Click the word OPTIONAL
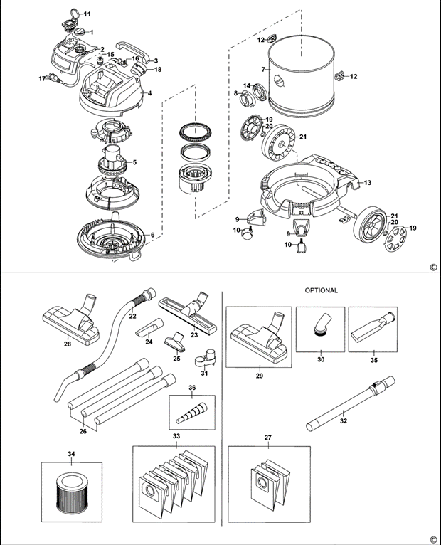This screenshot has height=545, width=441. (321, 290)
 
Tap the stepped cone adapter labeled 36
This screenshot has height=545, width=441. (191, 413)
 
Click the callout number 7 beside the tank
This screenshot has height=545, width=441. (263, 70)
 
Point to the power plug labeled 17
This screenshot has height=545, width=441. (55, 78)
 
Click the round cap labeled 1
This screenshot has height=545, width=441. (80, 31)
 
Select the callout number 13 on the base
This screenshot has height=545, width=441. (368, 182)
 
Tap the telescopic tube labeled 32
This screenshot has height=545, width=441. (351, 403)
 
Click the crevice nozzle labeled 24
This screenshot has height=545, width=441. (149, 327)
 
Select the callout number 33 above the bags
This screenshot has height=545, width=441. (176, 436)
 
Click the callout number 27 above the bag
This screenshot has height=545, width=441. (267, 438)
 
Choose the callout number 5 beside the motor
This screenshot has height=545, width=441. (134, 162)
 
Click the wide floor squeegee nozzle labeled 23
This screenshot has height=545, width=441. (188, 311)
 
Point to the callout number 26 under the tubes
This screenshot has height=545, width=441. (83, 431)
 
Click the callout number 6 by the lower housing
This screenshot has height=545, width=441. (152, 235)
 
